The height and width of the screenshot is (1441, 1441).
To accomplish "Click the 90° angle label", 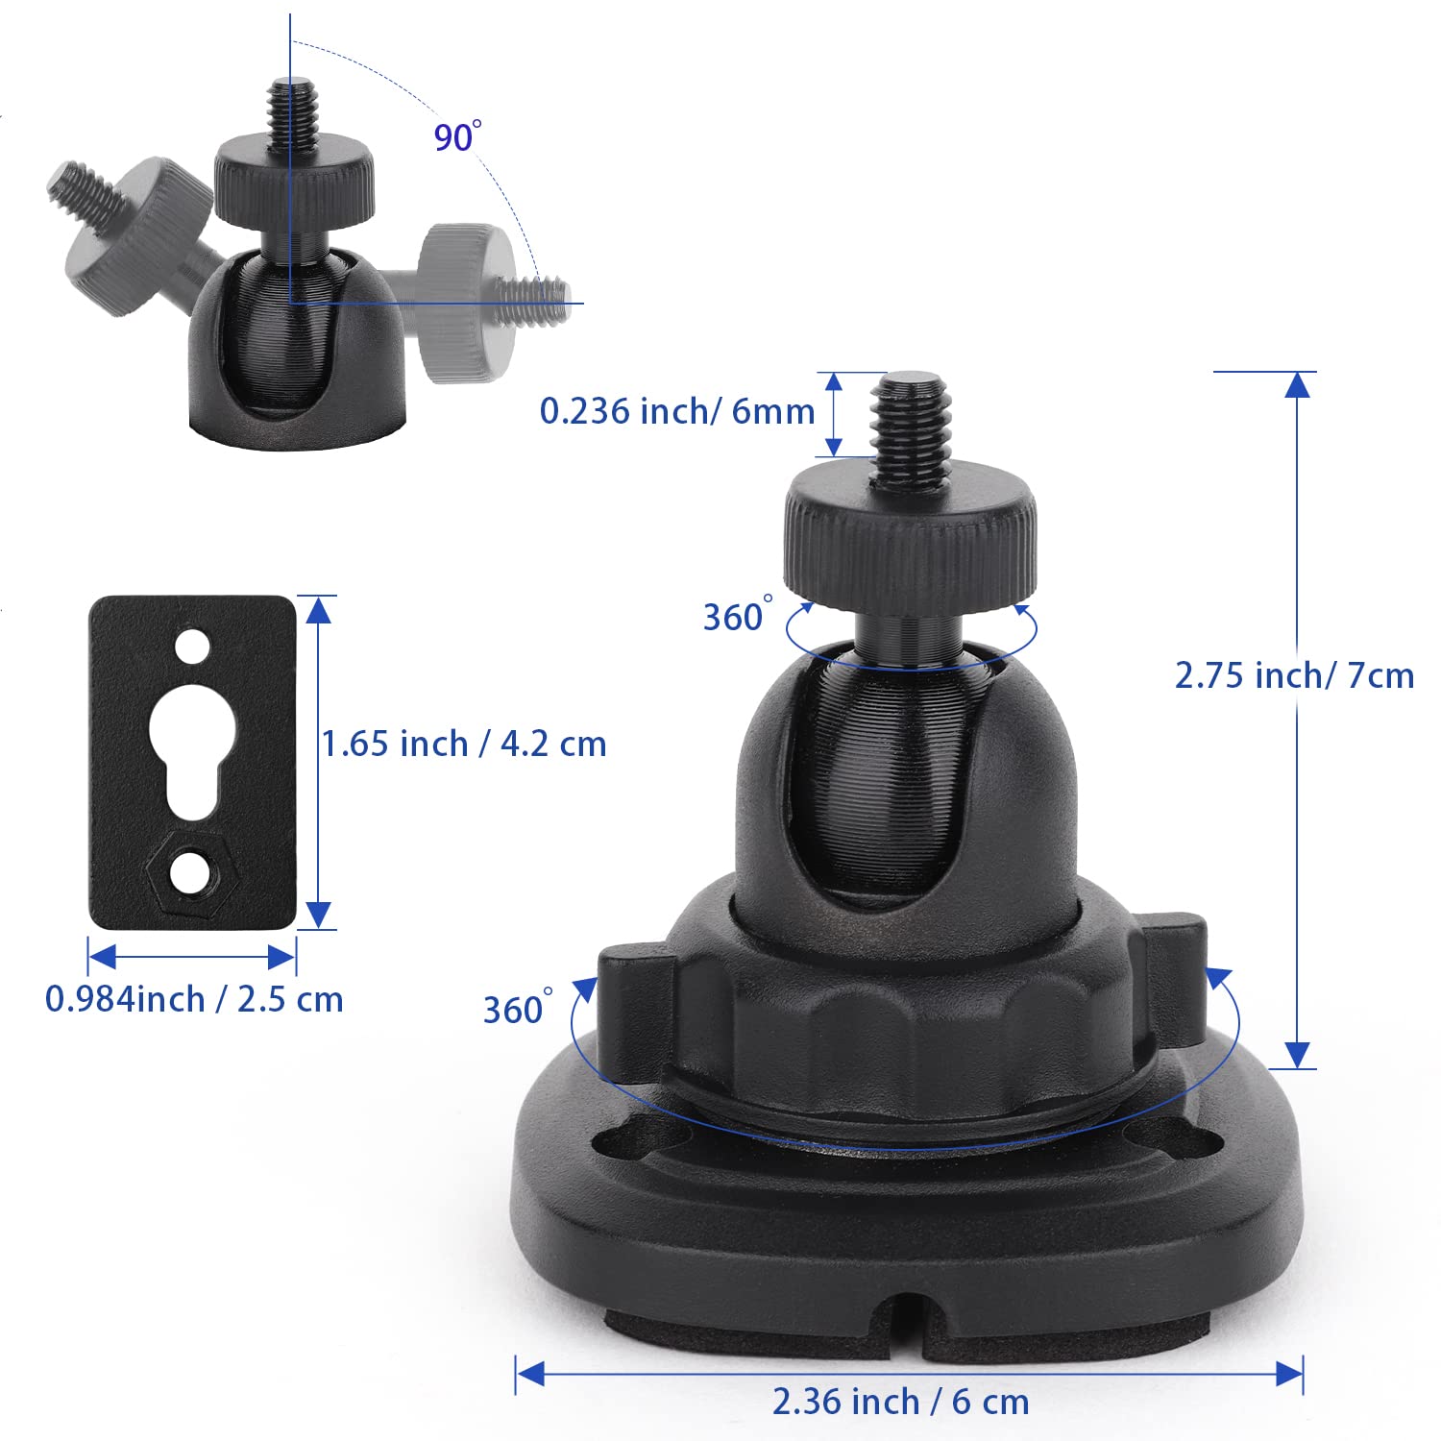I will [x=455, y=136].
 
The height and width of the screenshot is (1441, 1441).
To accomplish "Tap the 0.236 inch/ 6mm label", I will [x=676, y=411].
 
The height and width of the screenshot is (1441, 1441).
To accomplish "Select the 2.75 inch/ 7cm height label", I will [x=1294, y=675].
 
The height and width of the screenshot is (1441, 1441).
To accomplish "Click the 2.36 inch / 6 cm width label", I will [x=900, y=1402].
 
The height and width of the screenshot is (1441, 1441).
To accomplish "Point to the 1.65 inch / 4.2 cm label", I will [x=463, y=744].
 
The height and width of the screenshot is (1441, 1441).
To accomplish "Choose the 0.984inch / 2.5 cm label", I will [x=194, y=999].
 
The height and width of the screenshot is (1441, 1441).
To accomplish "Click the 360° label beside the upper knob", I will [x=736, y=616].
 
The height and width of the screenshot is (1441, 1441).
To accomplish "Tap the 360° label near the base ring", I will [x=517, y=1010].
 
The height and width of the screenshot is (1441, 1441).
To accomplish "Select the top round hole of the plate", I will [x=192, y=646].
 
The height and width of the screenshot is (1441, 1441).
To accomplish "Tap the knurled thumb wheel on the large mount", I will [x=910, y=543].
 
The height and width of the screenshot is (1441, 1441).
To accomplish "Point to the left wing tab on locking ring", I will [x=631, y=1009].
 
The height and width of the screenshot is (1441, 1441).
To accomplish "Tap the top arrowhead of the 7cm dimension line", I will [x=1297, y=384].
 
